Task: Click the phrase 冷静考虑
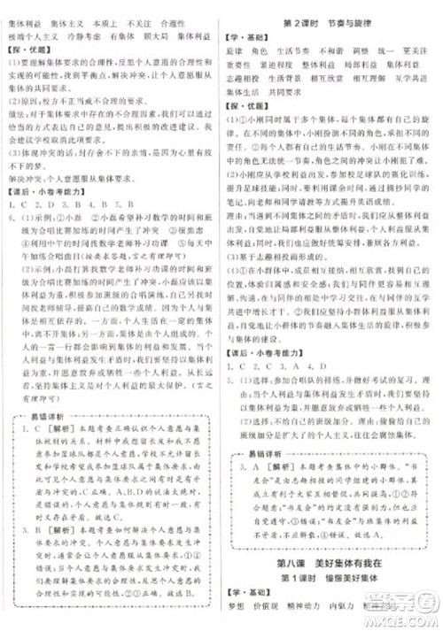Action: coord(82,36)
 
